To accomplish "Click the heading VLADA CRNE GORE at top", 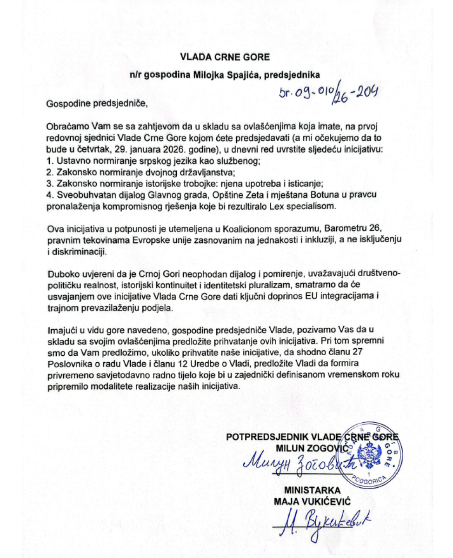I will click(x=225, y=58).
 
